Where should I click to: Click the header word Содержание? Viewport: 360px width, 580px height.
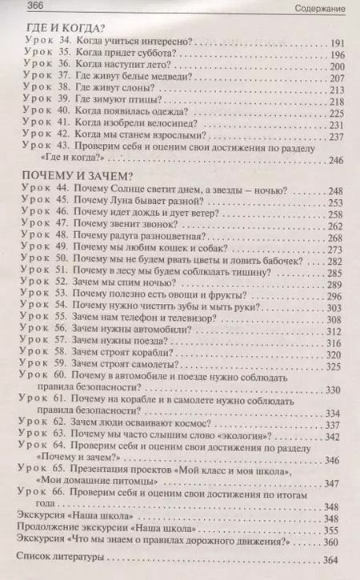326,7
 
